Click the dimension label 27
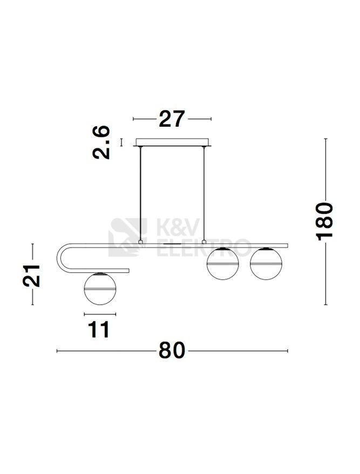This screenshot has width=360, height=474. pyautogui.click(x=172, y=119)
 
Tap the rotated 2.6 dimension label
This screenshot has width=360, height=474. pyautogui.click(x=101, y=142)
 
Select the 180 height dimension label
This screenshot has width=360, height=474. pyautogui.click(x=324, y=222)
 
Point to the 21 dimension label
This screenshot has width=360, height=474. pyautogui.click(x=31, y=276)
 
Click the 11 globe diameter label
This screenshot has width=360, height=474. pyautogui.click(x=99, y=329)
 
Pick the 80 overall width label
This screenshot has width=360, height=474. pyautogui.click(x=172, y=351)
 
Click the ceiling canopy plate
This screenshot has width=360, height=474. pyautogui.click(x=172, y=142)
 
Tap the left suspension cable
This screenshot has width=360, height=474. pyautogui.click(x=140, y=194)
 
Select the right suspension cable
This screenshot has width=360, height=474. pyautogui.click(x=204, y=194)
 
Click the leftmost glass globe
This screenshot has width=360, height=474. pyautogui.click(x=100, y=288)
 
